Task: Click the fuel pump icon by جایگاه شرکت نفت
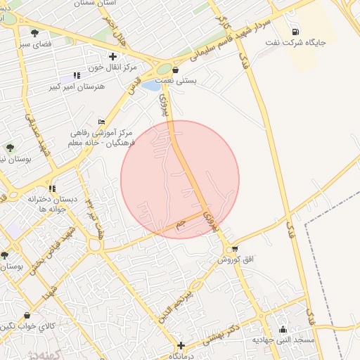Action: [293, 31]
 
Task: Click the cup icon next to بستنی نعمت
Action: [175, 70]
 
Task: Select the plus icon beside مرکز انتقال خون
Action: [112, 56]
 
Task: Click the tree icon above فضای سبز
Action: [34, 32]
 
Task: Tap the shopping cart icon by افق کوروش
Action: [234, 248]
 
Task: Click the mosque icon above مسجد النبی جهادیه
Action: [283, 329]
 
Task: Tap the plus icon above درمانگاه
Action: [181, 345]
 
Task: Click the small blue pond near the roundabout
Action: [151, 86]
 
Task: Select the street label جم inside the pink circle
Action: [181, 223]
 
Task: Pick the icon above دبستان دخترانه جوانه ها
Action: [52, 188]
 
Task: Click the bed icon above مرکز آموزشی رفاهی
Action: [101, 121]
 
